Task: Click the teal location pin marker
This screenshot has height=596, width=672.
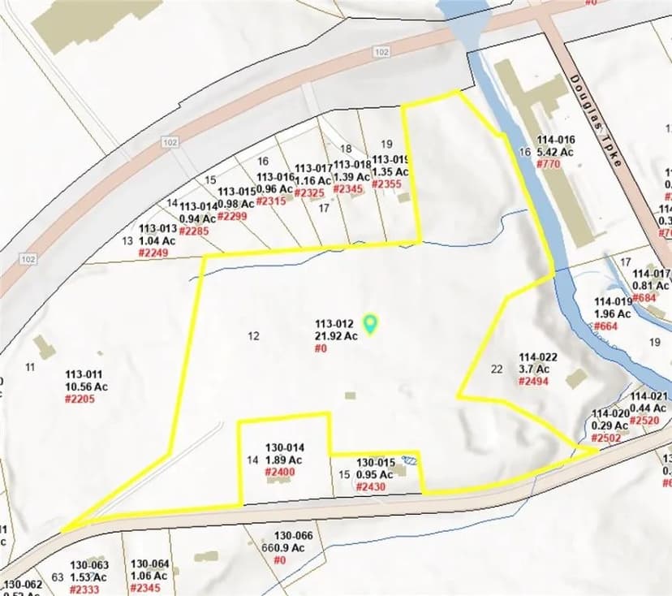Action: pyautogui.click(x=371, y=324)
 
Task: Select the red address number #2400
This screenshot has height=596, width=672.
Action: pyautogui.click(x=284, y=472)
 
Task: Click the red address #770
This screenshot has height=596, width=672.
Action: pyautogui.click(x=549, y=163)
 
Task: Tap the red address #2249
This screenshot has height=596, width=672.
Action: pyautogui.click(x=153, y=253)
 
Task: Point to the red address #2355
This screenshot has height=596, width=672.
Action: pyautogui.click(x=386, y=184)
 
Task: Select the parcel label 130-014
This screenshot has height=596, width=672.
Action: pyautogui.click(x=285, y=447)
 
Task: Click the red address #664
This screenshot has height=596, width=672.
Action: pyautogui.click(x=605, y=326)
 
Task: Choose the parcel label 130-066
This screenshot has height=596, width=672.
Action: pyautogui.click(x=293, y=536)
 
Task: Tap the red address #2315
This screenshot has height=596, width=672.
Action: pyautogui.click(x=271, y=201)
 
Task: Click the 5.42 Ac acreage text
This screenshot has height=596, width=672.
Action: pyautogui.click(x=555, y=152)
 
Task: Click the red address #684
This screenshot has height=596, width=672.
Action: pyautogui.click(x=645, y=297)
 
